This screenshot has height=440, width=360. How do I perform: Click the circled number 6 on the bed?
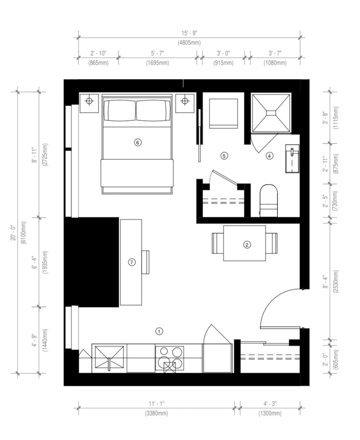tap(137, 143)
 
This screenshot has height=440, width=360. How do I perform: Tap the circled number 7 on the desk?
tap(132, 263)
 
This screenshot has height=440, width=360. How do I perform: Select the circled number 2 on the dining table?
tap(247, 245)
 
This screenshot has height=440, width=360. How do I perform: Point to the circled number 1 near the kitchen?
tap(159, 331)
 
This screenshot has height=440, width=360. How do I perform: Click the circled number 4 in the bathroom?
tap(270, 156)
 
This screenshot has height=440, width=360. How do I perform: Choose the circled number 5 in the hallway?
tap(224, 156)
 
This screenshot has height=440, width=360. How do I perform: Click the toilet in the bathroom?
tap(269, 200)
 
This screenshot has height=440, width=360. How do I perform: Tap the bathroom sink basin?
tap(292, 158)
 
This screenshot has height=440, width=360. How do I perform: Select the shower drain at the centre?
tap(271, 113)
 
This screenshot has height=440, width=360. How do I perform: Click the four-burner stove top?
tap(170, 358)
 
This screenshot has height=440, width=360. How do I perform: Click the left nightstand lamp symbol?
tap(89, 101)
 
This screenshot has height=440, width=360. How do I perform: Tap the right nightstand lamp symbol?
tap(184, 101)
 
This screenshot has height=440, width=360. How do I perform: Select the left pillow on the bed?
tap(120, 110)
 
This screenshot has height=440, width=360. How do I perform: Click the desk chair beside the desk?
tap(145, 262)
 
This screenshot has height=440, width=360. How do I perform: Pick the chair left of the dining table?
tap(218, 243)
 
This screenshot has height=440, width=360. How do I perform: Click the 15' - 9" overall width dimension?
tap(189, 33)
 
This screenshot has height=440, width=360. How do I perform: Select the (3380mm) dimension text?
tap(157, 413)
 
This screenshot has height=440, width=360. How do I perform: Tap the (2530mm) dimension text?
tap(337, 282)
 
